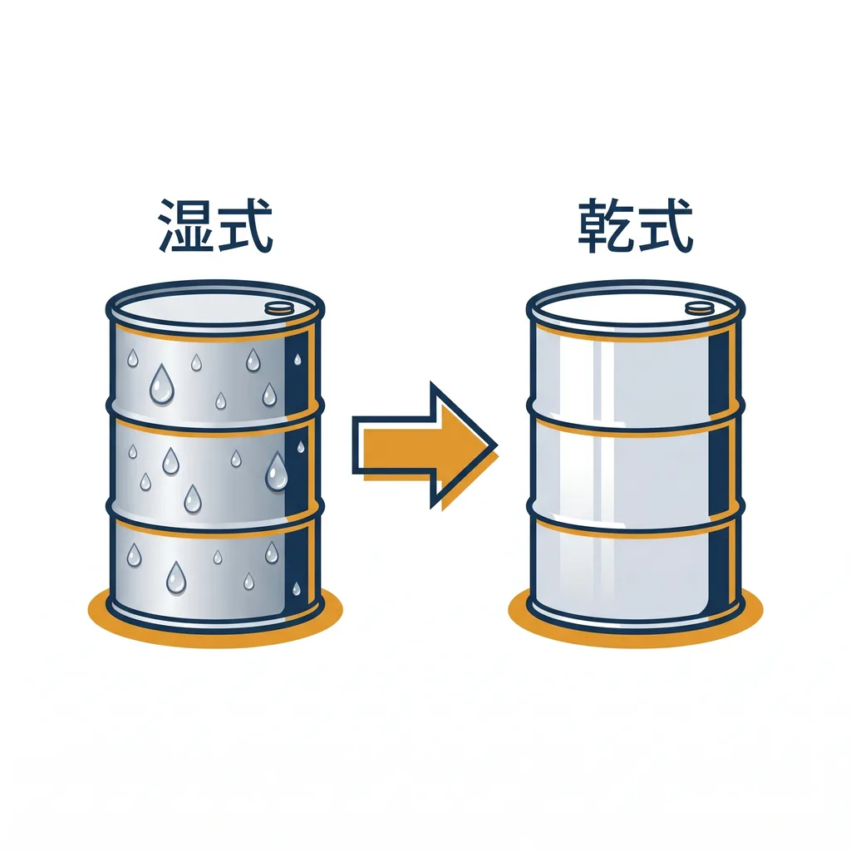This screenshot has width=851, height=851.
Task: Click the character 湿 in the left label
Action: tap(185, 225)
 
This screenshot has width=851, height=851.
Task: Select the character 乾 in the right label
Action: tap(606, 225)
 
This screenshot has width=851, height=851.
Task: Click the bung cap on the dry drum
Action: tap(699, 308)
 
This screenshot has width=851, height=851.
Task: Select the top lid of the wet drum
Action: tap(215, 308)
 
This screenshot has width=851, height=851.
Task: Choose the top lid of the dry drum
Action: tap(636, 308)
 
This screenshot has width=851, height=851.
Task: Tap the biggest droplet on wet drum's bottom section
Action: tap(176, 578)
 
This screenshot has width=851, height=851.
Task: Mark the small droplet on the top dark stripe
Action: tap(298, 359)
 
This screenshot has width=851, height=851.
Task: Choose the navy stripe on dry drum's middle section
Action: tap(719, 468)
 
